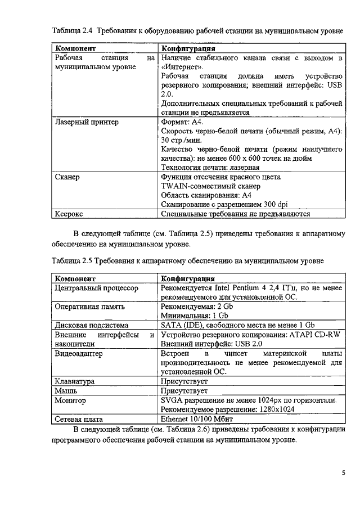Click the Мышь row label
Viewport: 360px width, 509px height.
click(65, 390)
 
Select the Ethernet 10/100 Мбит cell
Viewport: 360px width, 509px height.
click(197, 419)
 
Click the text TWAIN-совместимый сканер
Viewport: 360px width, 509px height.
click(210, 186)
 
